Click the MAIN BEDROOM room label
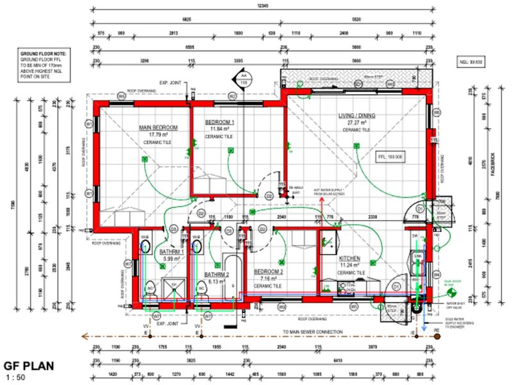pos(158,128)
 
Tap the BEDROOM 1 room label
pos(219,122)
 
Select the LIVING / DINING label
pos(357,116)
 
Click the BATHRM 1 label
pos(172,252)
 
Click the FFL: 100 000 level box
pos(391,156)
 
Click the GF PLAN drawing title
pos(28,366)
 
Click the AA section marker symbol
pos(243,80)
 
